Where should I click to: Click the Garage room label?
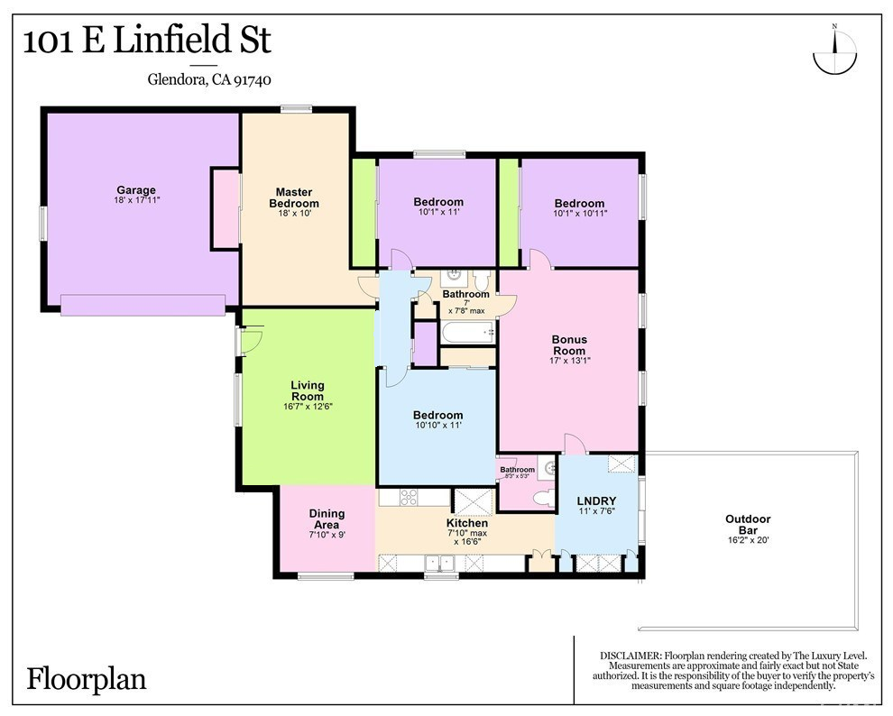[x=136, y=190]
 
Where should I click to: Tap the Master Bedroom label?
[x=294, y=198]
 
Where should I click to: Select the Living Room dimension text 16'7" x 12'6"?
[x=308, y=407]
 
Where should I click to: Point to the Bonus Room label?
[x=569, y=344]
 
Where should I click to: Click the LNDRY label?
[x=596, y=500]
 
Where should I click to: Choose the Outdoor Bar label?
[x=748, y=524]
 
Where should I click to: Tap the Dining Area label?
[x=327, y=519]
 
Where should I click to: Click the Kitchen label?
[x=467, y=522]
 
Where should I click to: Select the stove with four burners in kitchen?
[x=409, y=497]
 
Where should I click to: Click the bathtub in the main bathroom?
[x=467, y=332]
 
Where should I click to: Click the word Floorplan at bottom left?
[x=87, y=680]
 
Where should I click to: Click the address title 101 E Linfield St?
[x=147, y=41]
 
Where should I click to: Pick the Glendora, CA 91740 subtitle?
[x=209, y=79]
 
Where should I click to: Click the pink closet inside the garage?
[x=226, y=209]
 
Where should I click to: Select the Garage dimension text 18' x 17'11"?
[x=137, y=200]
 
